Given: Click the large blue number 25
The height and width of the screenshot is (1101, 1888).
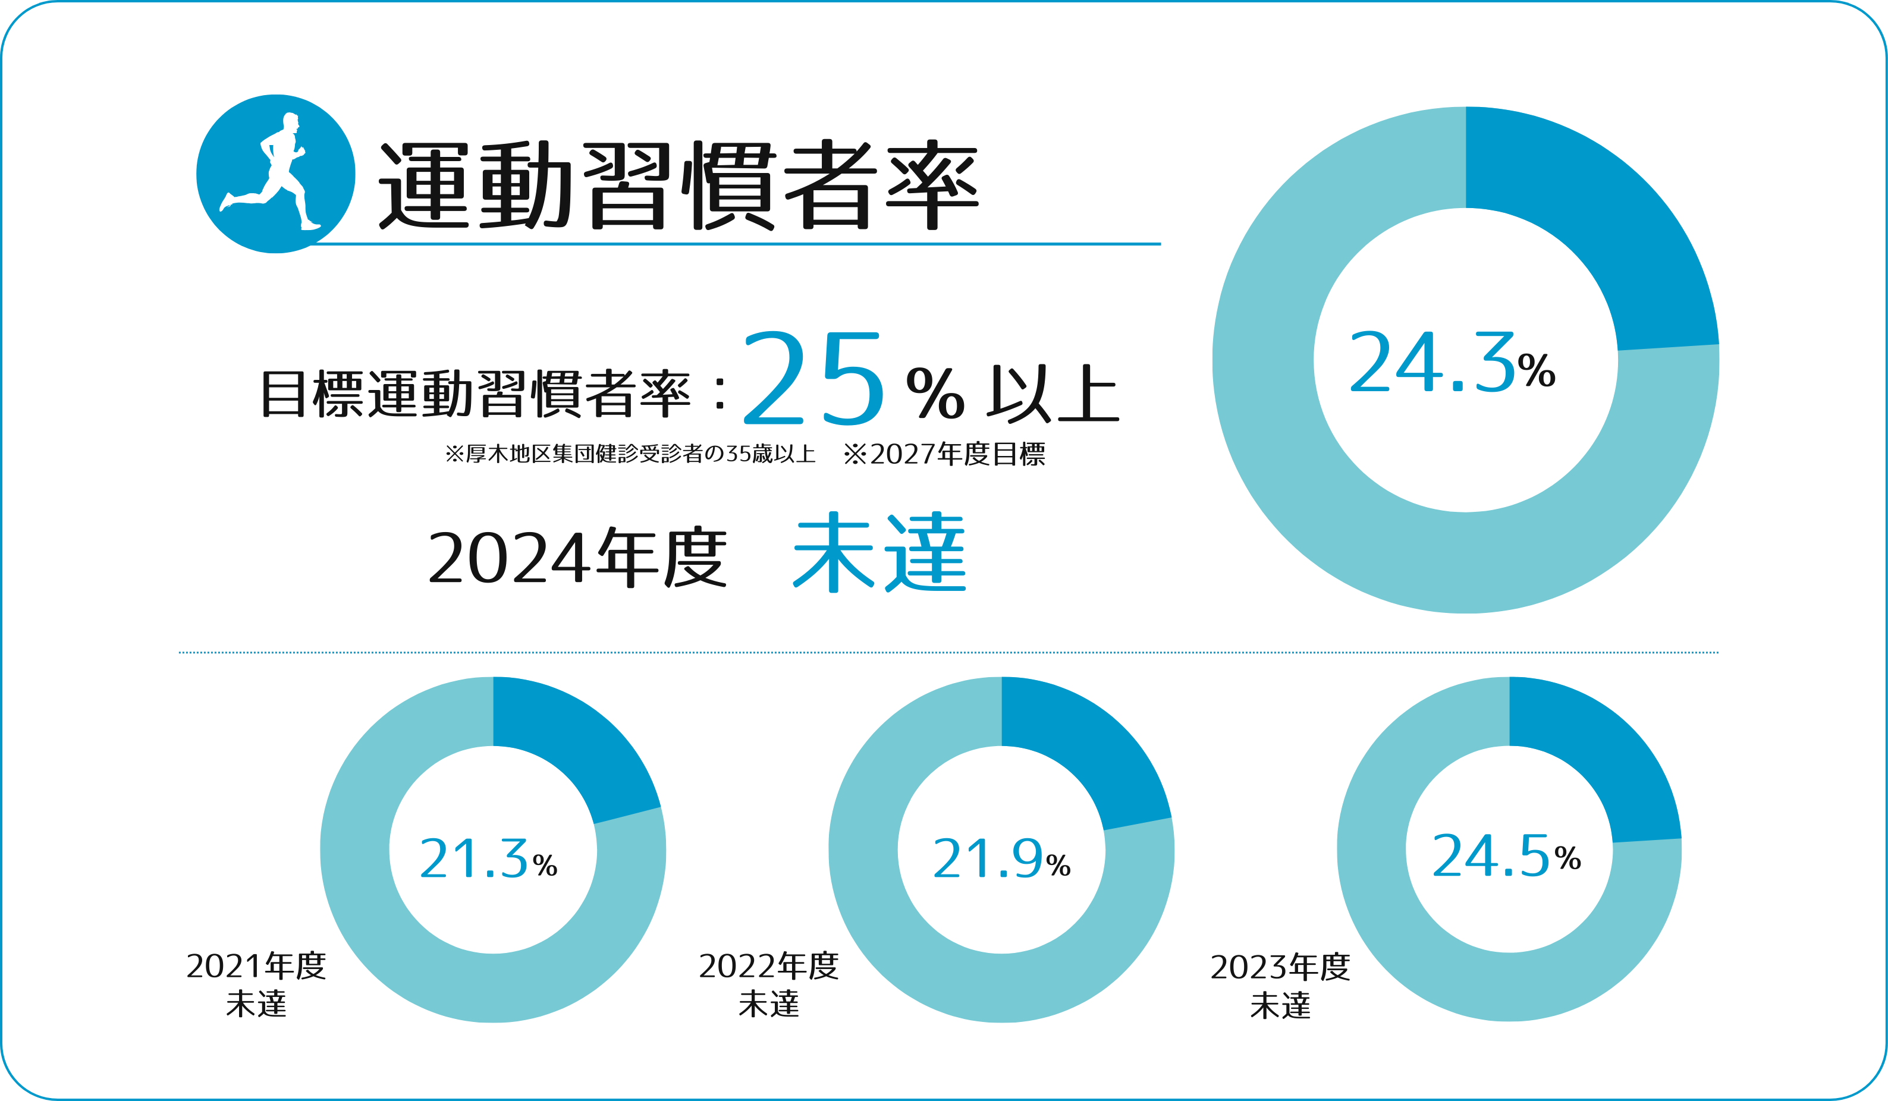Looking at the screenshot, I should pos(813,378).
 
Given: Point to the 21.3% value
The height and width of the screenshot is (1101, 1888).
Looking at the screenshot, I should pos(488,858).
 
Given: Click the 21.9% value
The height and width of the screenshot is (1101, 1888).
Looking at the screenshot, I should pos(1001,858).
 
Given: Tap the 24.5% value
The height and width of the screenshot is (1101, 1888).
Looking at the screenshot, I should pos(1506,855).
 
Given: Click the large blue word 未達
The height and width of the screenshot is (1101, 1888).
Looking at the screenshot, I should pos(879,553).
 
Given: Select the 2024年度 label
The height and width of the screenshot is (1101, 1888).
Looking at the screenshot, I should pos(577,558).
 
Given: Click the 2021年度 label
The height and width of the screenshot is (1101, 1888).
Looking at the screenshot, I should pos(256,966).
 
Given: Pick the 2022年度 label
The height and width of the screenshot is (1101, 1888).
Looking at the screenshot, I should pos(769,966).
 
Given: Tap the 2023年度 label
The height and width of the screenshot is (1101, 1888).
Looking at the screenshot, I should pos(1280,967).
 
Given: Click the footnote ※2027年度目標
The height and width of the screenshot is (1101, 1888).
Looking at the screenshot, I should pos(944,454).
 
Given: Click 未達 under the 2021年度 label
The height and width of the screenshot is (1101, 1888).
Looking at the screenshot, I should pos(256,1004).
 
